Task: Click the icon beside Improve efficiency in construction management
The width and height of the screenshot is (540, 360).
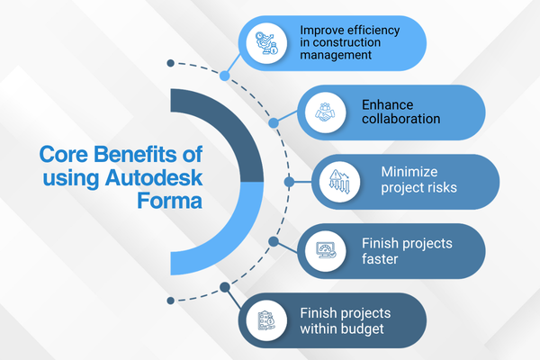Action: (267, 42)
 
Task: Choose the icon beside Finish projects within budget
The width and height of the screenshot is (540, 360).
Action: (267, 319)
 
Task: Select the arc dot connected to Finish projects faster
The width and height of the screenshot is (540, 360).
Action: (272, 240)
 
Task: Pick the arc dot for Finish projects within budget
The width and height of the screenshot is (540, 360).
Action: (224, 288)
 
